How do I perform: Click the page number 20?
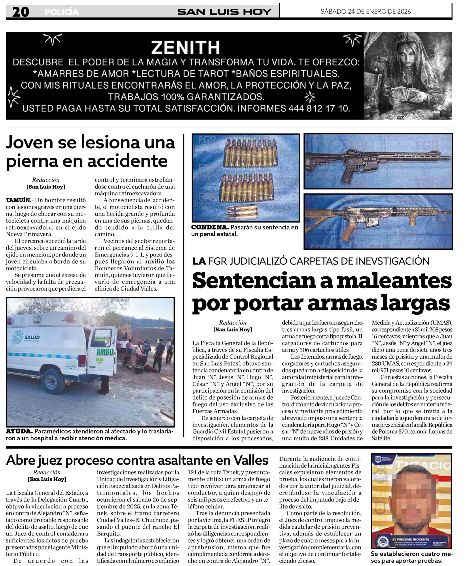(21, 12)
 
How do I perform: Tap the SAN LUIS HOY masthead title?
(224, 12)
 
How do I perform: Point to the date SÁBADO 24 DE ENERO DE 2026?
(366, 11)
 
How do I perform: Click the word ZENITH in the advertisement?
(186, 48)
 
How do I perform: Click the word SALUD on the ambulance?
(32, 337)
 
